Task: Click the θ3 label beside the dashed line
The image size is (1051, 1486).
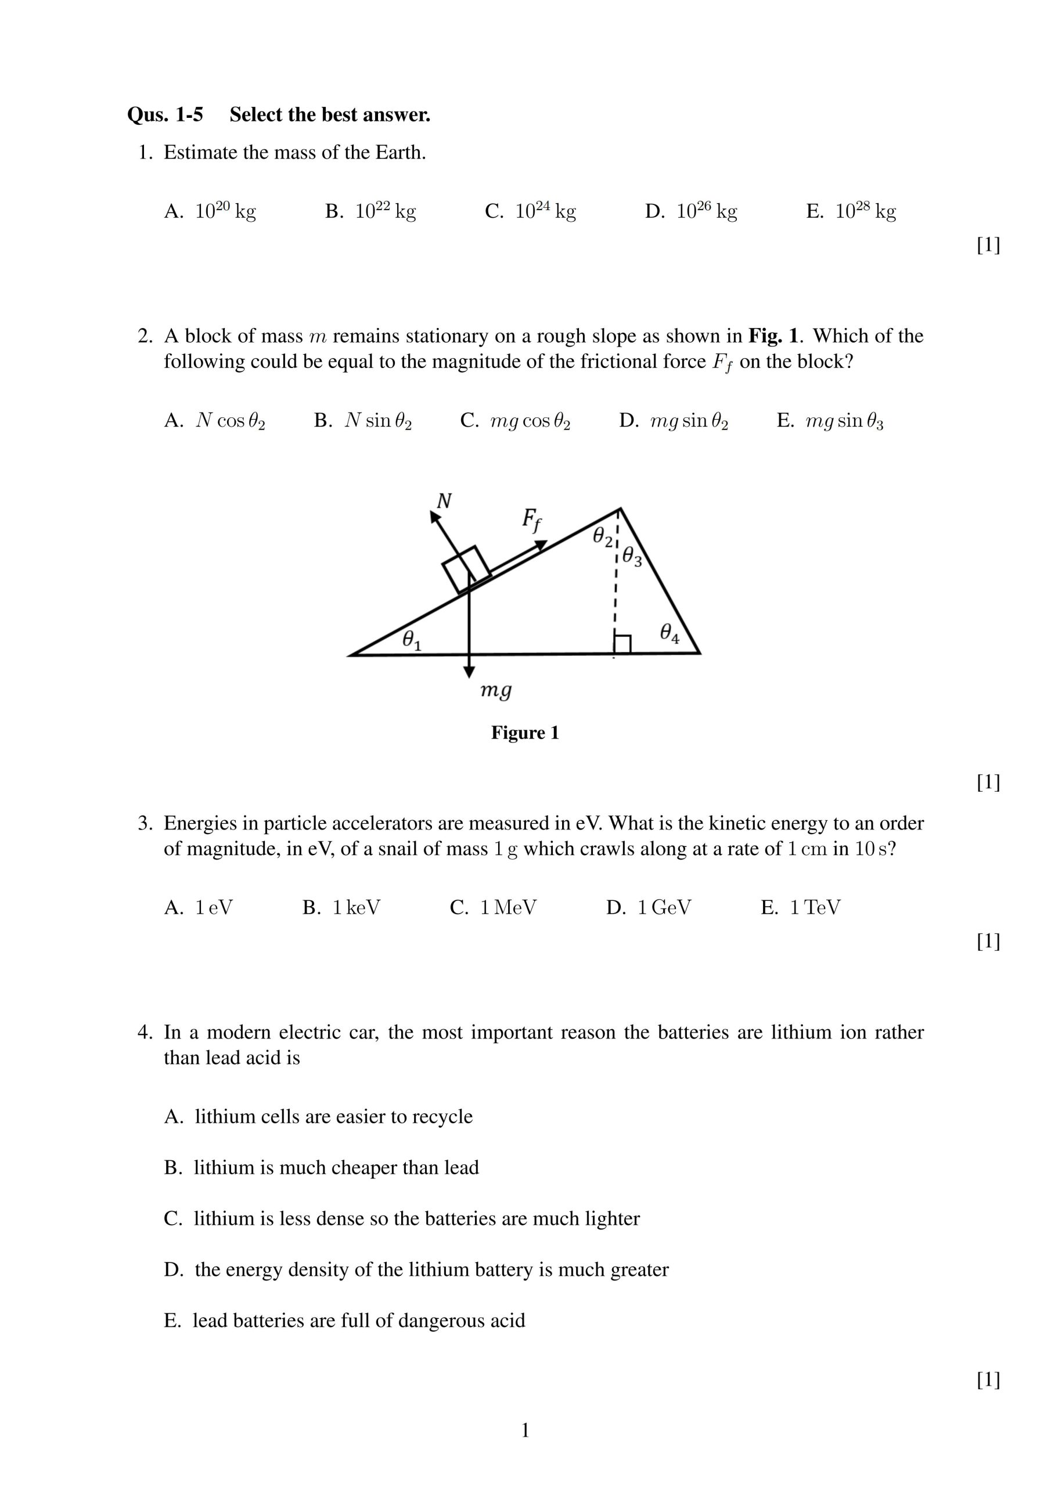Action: [x=631, y=557]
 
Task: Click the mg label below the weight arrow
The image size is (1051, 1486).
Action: [x=496, y=690]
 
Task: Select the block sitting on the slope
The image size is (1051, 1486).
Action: [x=466, y=569]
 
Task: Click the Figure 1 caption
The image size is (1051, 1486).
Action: [x=524, y=733]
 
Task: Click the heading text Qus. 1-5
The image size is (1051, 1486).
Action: [x=165, y=115]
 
